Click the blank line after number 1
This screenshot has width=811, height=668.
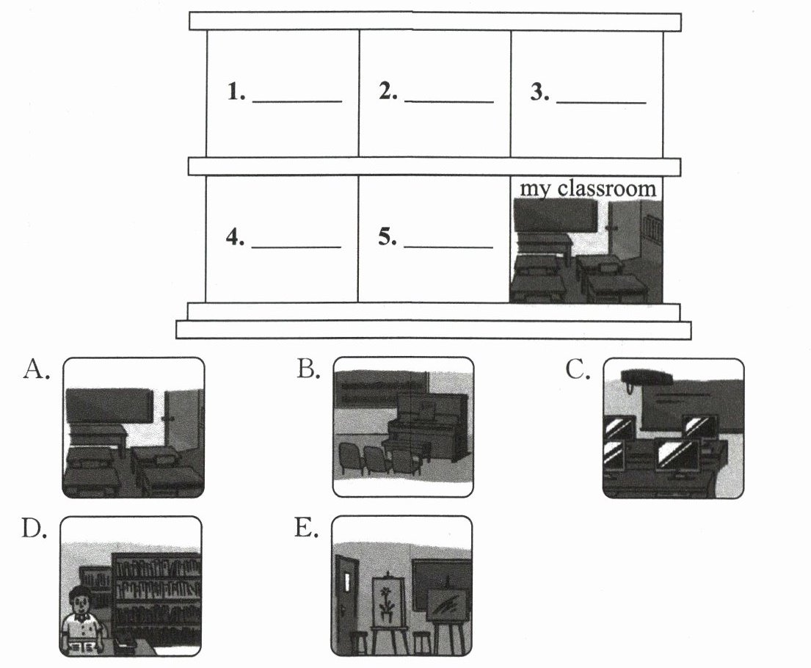tap(297, 101)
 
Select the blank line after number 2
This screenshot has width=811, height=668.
tap(448, 101)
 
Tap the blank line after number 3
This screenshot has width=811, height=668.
tap(601, 101)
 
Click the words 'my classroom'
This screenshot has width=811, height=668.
tap(587, 189)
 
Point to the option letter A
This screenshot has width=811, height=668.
tap(35, 370)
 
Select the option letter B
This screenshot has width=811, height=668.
tap(308, 370)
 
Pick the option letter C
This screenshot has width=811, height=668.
tap(578, 370)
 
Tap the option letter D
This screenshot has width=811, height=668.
tap(34, 529)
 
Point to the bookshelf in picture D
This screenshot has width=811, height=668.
tap(156, 595)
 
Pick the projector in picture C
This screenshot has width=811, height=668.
tap(646, 377)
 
